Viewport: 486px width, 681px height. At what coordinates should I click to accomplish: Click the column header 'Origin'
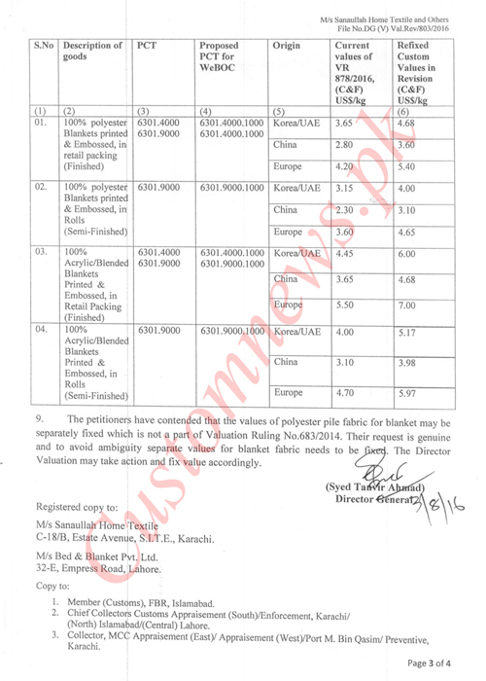(x=287, y=47)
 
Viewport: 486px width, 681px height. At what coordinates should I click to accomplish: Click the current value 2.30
(x=344, y=210)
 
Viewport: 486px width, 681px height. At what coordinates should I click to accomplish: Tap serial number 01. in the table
(x=41, y=125)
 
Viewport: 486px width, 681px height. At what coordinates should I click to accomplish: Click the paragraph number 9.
(x=39, y=421)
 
